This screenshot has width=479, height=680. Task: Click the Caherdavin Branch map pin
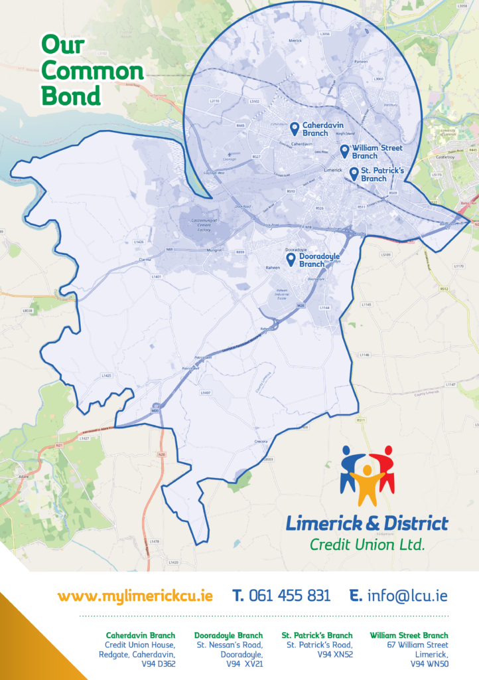(x=294, y=128)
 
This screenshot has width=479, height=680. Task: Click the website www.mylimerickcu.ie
(x=135, y=595)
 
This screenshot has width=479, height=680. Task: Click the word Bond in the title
(x=71, y=96)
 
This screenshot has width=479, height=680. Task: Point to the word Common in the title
(x=92, y=70)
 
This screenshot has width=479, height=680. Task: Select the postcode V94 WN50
(x=429, y=663)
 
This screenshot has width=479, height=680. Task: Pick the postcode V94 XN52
(x=335, y=653)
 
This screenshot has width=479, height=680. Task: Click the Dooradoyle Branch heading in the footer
(x=228, y=636)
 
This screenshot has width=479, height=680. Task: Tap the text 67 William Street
(x=417, y=645)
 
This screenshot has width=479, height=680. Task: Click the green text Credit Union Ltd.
(x=367, y=545)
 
